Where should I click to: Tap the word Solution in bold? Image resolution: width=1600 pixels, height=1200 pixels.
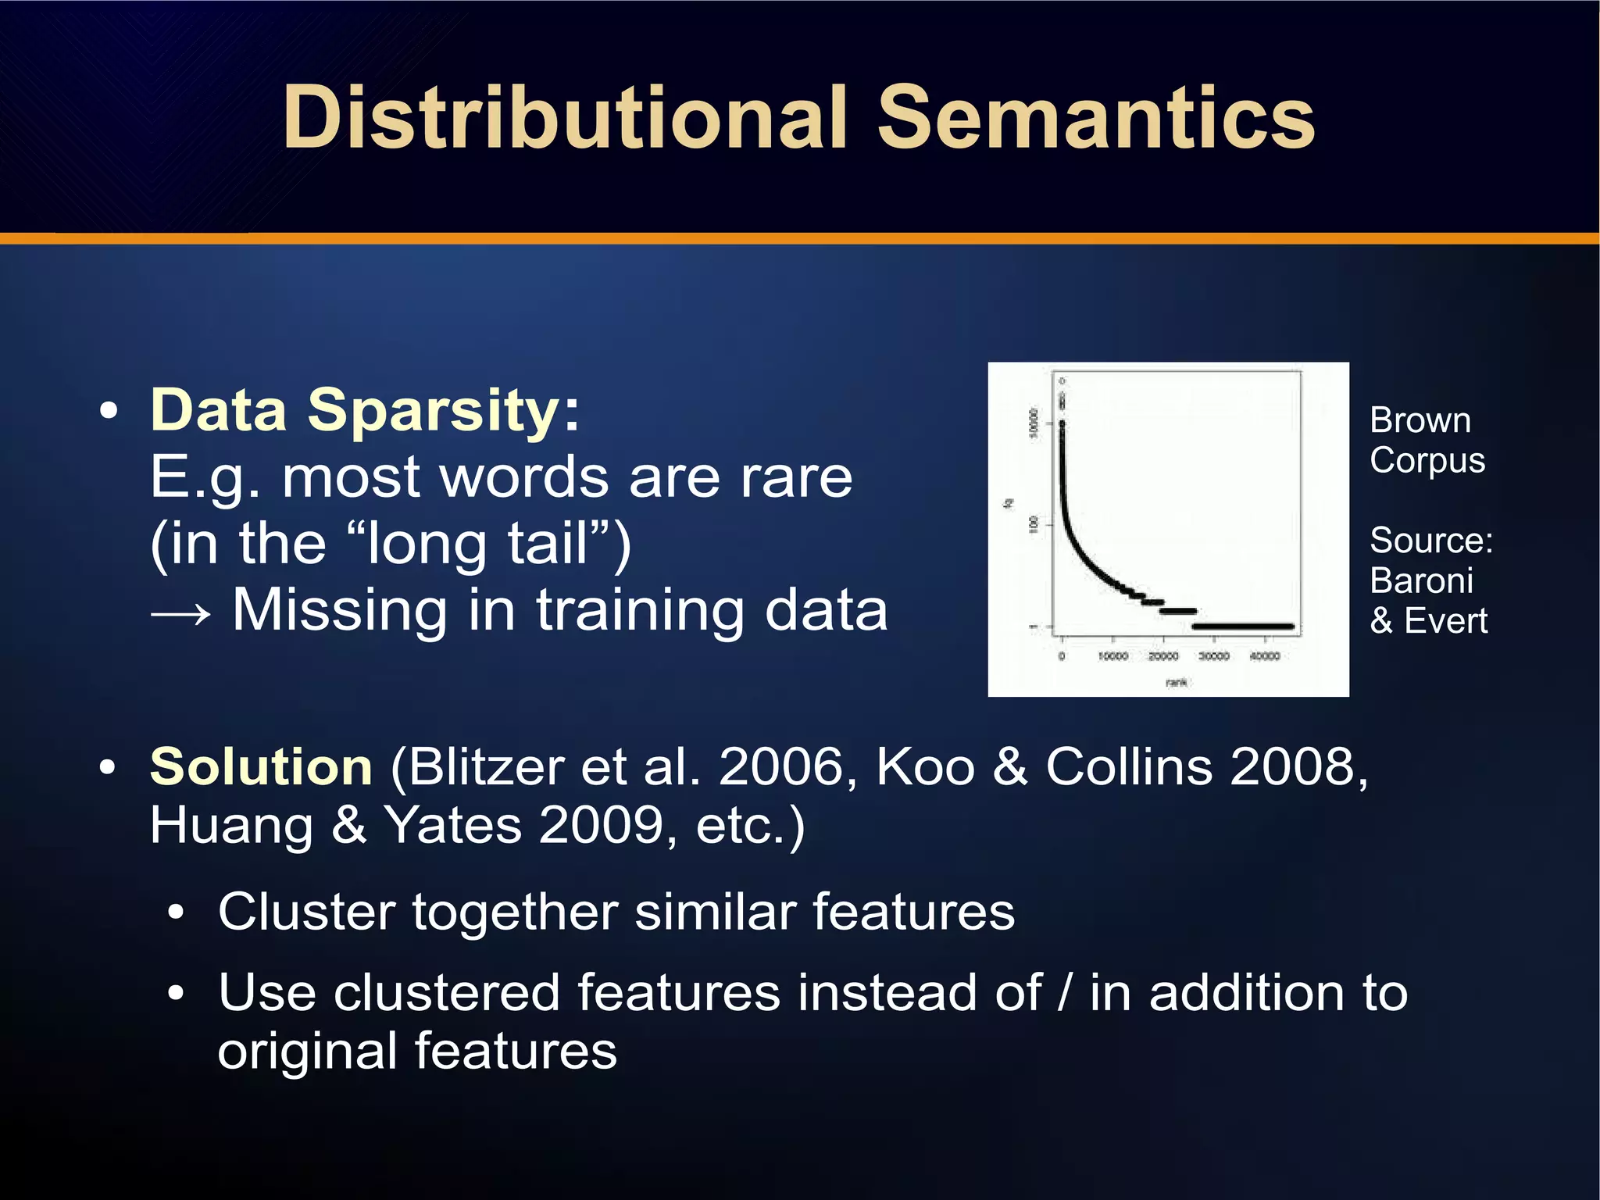(261, 767)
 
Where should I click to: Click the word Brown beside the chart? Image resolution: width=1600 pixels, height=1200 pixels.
(1420, 421)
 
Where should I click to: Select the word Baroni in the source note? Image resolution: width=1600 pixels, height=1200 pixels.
(1421, 581)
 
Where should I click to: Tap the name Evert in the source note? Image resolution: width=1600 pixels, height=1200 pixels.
(1445, 622)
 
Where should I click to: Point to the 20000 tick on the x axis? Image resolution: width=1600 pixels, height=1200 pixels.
(1162, 656)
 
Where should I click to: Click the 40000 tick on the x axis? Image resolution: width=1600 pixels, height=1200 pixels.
(1264, 656)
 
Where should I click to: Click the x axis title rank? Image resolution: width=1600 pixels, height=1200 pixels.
(1176, 683)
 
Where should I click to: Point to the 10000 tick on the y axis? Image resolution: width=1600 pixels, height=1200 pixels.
(1034, 423)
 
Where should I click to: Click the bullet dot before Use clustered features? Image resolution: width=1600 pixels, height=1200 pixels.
(177, 994)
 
